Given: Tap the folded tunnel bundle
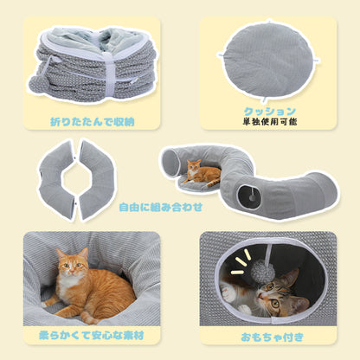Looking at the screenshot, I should point(90,64).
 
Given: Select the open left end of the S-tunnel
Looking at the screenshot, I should point(172,163).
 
